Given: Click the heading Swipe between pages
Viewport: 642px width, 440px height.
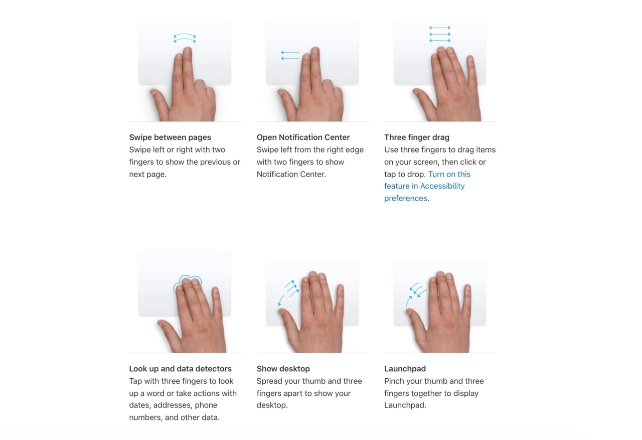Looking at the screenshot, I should [170, 137].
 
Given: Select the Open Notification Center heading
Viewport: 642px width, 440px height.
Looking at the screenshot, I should [303, 137].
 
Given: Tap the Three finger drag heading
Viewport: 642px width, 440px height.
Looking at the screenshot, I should [416, 137].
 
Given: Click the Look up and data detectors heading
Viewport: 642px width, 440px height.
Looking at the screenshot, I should [180, 369].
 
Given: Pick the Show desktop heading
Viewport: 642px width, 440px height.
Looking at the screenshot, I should [283, 369].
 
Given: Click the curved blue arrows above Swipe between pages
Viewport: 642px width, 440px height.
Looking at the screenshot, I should [185, 38].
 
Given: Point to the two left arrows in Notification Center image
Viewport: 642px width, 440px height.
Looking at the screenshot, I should [290, 55].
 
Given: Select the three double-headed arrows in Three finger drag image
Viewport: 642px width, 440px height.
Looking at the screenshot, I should [440, 34].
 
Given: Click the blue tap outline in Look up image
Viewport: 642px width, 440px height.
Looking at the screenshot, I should [187, 284].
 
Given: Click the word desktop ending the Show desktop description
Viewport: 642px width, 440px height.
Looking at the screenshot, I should [272, 405].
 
